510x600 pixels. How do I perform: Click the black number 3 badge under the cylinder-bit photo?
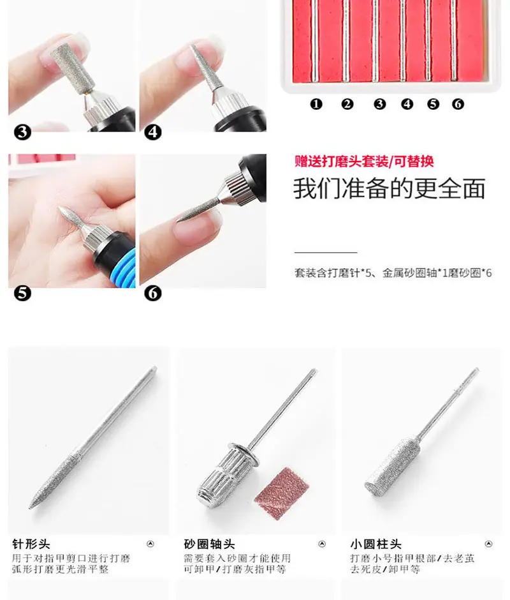coord(22,132)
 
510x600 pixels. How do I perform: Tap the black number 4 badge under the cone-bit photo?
coord(153,132)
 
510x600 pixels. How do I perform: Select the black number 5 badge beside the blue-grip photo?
coord(22,294)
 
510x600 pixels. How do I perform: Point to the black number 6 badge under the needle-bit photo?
coord(153,294)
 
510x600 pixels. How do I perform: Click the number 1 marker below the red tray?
coord(316,104)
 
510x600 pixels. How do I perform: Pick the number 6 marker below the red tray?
coord(458,104)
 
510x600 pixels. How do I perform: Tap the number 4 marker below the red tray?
coord(407,104)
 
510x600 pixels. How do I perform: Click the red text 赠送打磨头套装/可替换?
coord(364,161)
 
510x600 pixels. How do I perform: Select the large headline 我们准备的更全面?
coord(390,188)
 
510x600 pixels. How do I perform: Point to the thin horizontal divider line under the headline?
coord(326,253)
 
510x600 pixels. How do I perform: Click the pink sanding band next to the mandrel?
coord(282,493)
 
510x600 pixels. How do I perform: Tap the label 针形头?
coord(31,544)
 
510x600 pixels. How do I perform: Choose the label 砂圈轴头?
coord(209,544)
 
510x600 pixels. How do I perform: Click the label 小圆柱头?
coord(376,544)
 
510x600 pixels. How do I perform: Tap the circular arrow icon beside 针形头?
coord(150,544)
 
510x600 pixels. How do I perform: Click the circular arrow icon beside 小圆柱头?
coord(488,544)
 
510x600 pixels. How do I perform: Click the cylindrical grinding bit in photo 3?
coord(73,66)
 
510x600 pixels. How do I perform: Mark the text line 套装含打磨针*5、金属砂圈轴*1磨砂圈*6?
coord(393,273)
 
